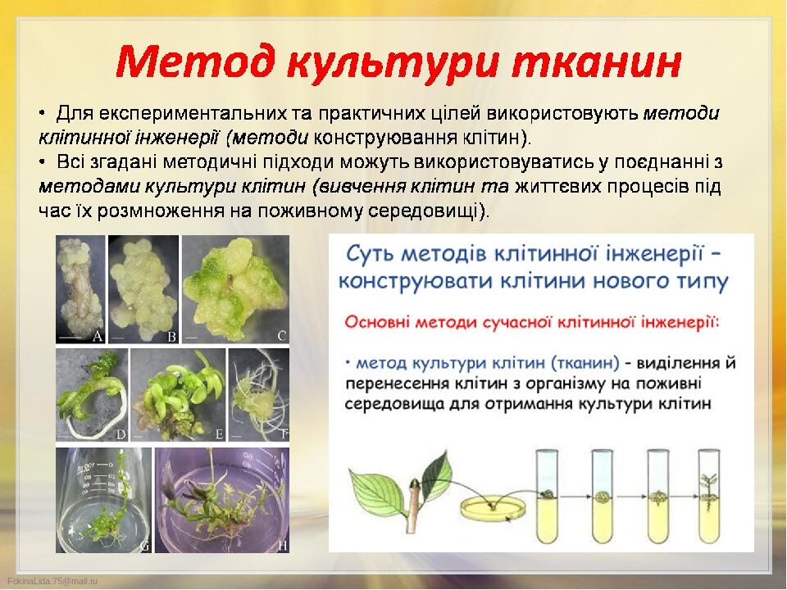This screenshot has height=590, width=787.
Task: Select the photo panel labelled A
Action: pyautogui.click(x=80, y=289)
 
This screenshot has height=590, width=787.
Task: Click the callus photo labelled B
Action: pyautogui.click(x=143, y=289)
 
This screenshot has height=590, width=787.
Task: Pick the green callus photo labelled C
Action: pyautogui.click(x=236, y=289)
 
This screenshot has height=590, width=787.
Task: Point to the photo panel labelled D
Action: pyautogui.click(x=92, y=395)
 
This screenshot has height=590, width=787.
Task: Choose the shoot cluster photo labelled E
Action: pyautogui.click(x=178, y=395)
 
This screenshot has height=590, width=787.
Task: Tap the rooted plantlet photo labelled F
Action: pyautogui.click(x=260, y=395)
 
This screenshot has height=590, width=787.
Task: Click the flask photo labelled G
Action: pyautogui.click(x=103, y=500)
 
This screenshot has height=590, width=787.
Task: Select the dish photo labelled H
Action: pyautogui.click(x=222, y=500)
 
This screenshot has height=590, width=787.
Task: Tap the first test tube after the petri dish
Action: pyautogui.click(x=547, y=497)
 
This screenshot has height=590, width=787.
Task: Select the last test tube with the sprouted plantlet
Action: pyautogui.click(x=710, y=497)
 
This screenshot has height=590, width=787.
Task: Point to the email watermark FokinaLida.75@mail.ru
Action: pyautogui.click(x=52, y=580)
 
